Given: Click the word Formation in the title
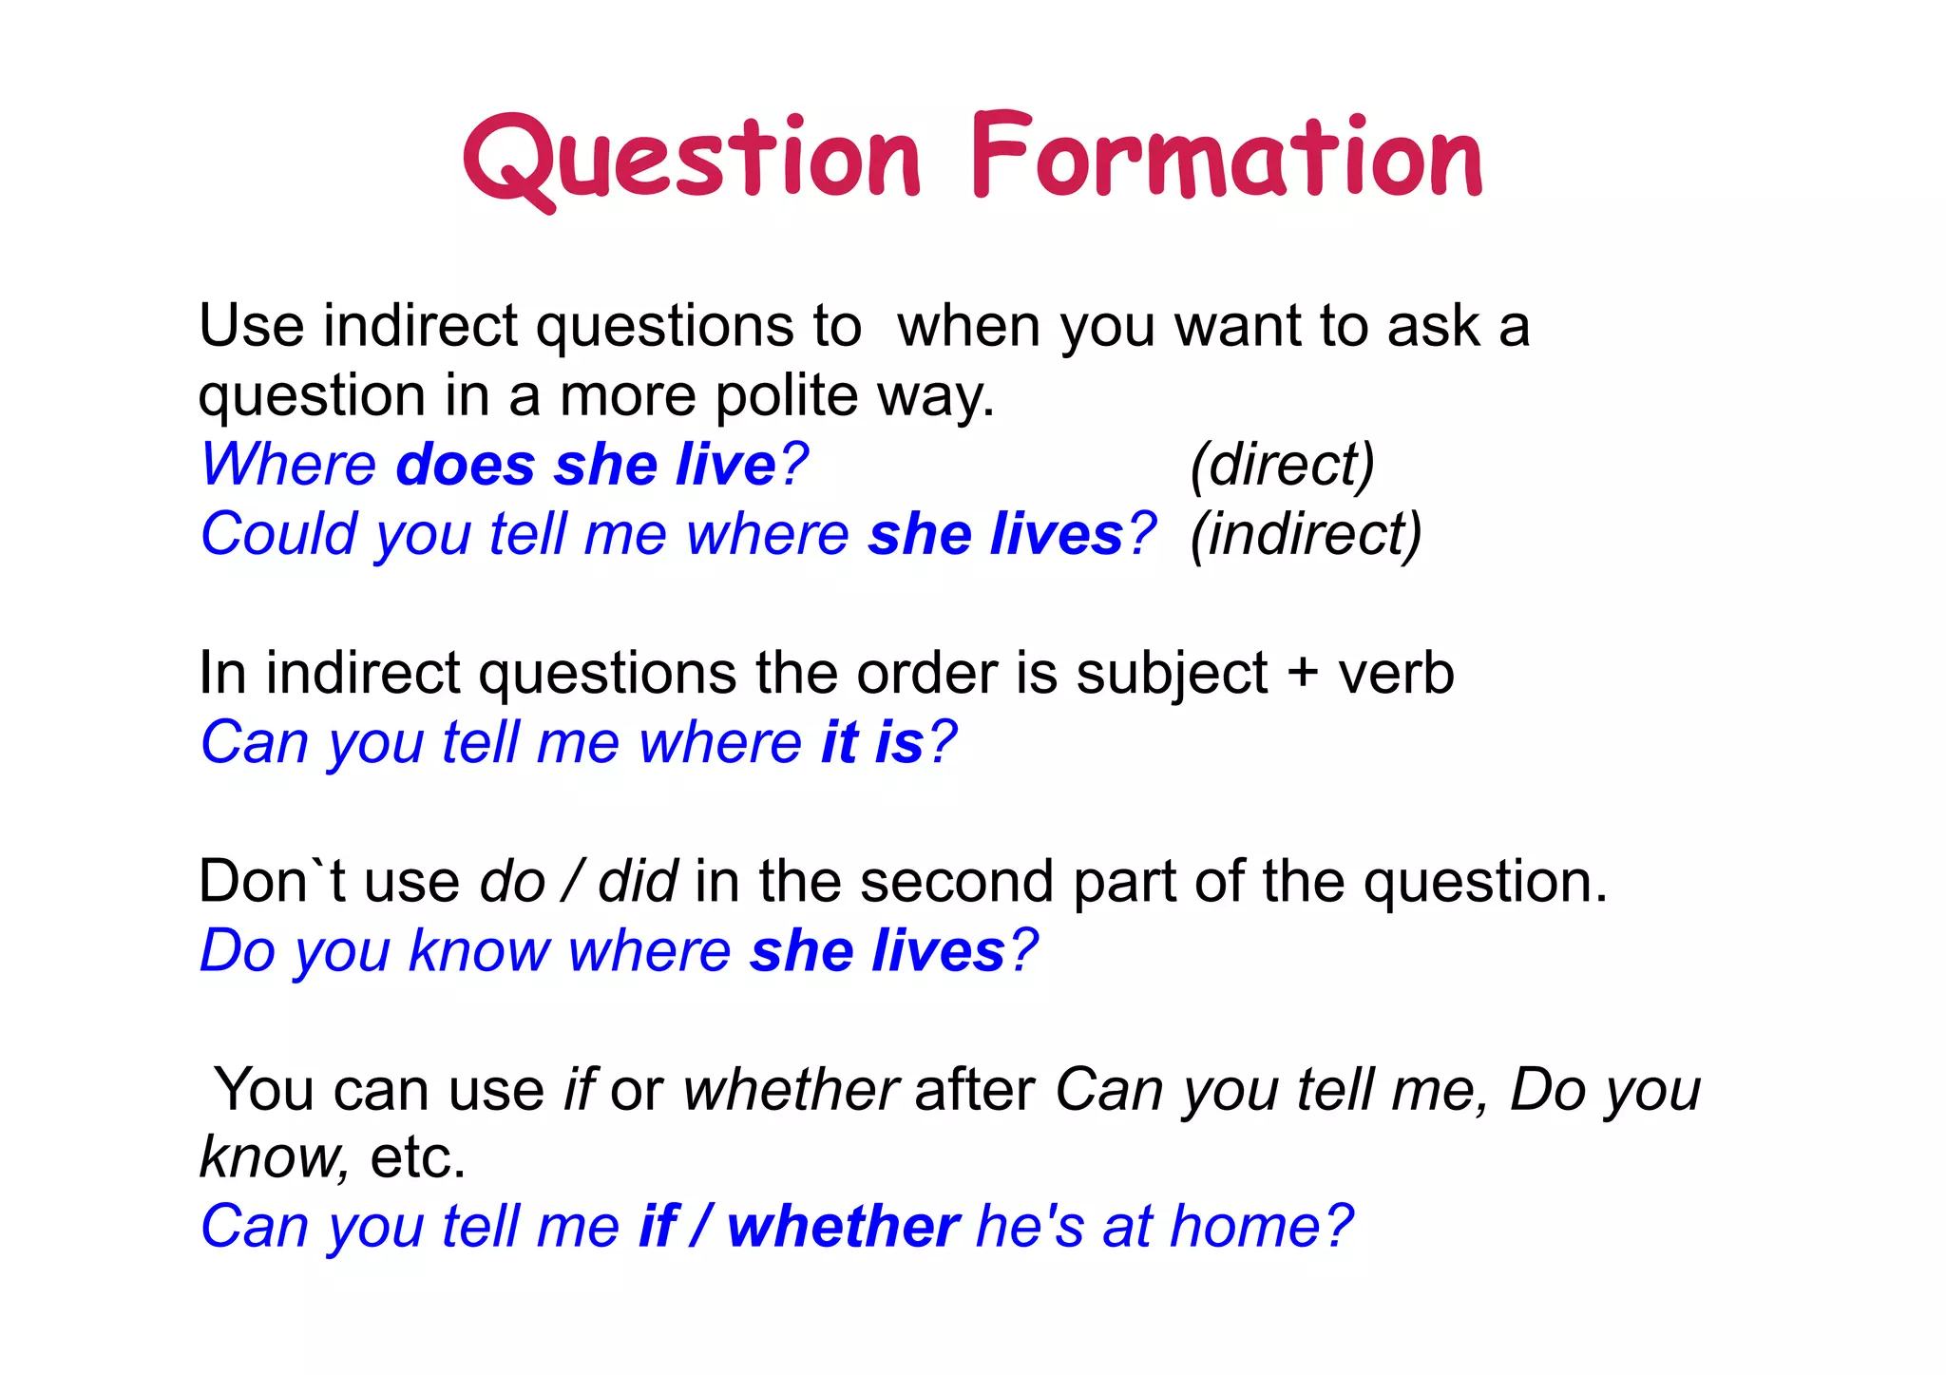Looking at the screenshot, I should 1226,157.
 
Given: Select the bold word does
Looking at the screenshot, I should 465,465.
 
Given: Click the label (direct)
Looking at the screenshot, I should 1282,465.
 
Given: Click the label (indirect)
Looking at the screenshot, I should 1306,534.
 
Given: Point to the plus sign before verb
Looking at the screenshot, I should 1303,674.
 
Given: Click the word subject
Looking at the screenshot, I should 1171,674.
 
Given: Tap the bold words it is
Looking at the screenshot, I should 872,742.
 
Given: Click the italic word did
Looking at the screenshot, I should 637,881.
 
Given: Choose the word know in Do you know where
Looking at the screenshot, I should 478,950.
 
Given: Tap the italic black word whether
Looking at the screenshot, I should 790,1089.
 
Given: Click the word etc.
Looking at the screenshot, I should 417,1157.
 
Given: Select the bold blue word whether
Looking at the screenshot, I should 843,1227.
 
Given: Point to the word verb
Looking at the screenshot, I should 1396,674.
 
